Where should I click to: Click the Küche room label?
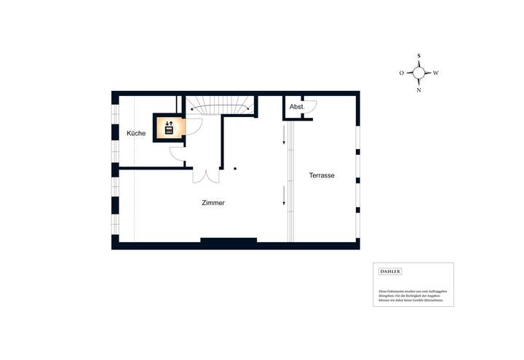(x=136, y=134)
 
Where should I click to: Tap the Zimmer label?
(x=213, y=203)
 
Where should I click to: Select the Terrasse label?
(x=322, y=175)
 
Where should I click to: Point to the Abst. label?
(x=296, y=108)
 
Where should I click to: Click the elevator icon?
(x=169, y=128)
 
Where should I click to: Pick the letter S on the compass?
(x=418, y=55)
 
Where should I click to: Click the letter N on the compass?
(x=418, y=90)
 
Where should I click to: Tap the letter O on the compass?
(x=401, y=73)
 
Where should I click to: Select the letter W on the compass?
(x=436, y=73)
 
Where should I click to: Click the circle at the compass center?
(x=418, y=73)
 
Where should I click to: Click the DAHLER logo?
(x=390, y=271)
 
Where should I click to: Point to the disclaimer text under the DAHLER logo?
(x=412, y=295)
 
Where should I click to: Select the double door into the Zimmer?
(x=206, y=175)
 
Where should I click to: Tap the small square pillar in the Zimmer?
(x=235, y=169)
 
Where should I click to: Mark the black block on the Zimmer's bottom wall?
(x=229, y=240)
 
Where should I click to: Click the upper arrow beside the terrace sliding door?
(x=285, y=135)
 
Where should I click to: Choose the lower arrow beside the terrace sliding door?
(x=285, y=195)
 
